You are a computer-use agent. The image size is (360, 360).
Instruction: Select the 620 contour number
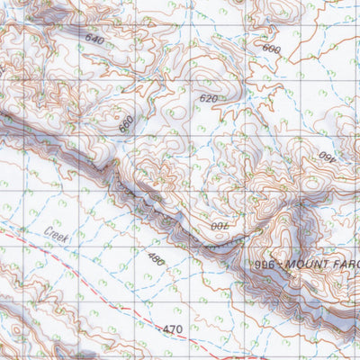[x=209, y=98]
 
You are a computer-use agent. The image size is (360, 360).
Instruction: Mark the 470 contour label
[x=175, y=330]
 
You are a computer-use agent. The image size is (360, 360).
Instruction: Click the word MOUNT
[x=305, y=265]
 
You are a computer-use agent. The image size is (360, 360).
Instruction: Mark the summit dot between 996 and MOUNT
[x=275, y=265]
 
